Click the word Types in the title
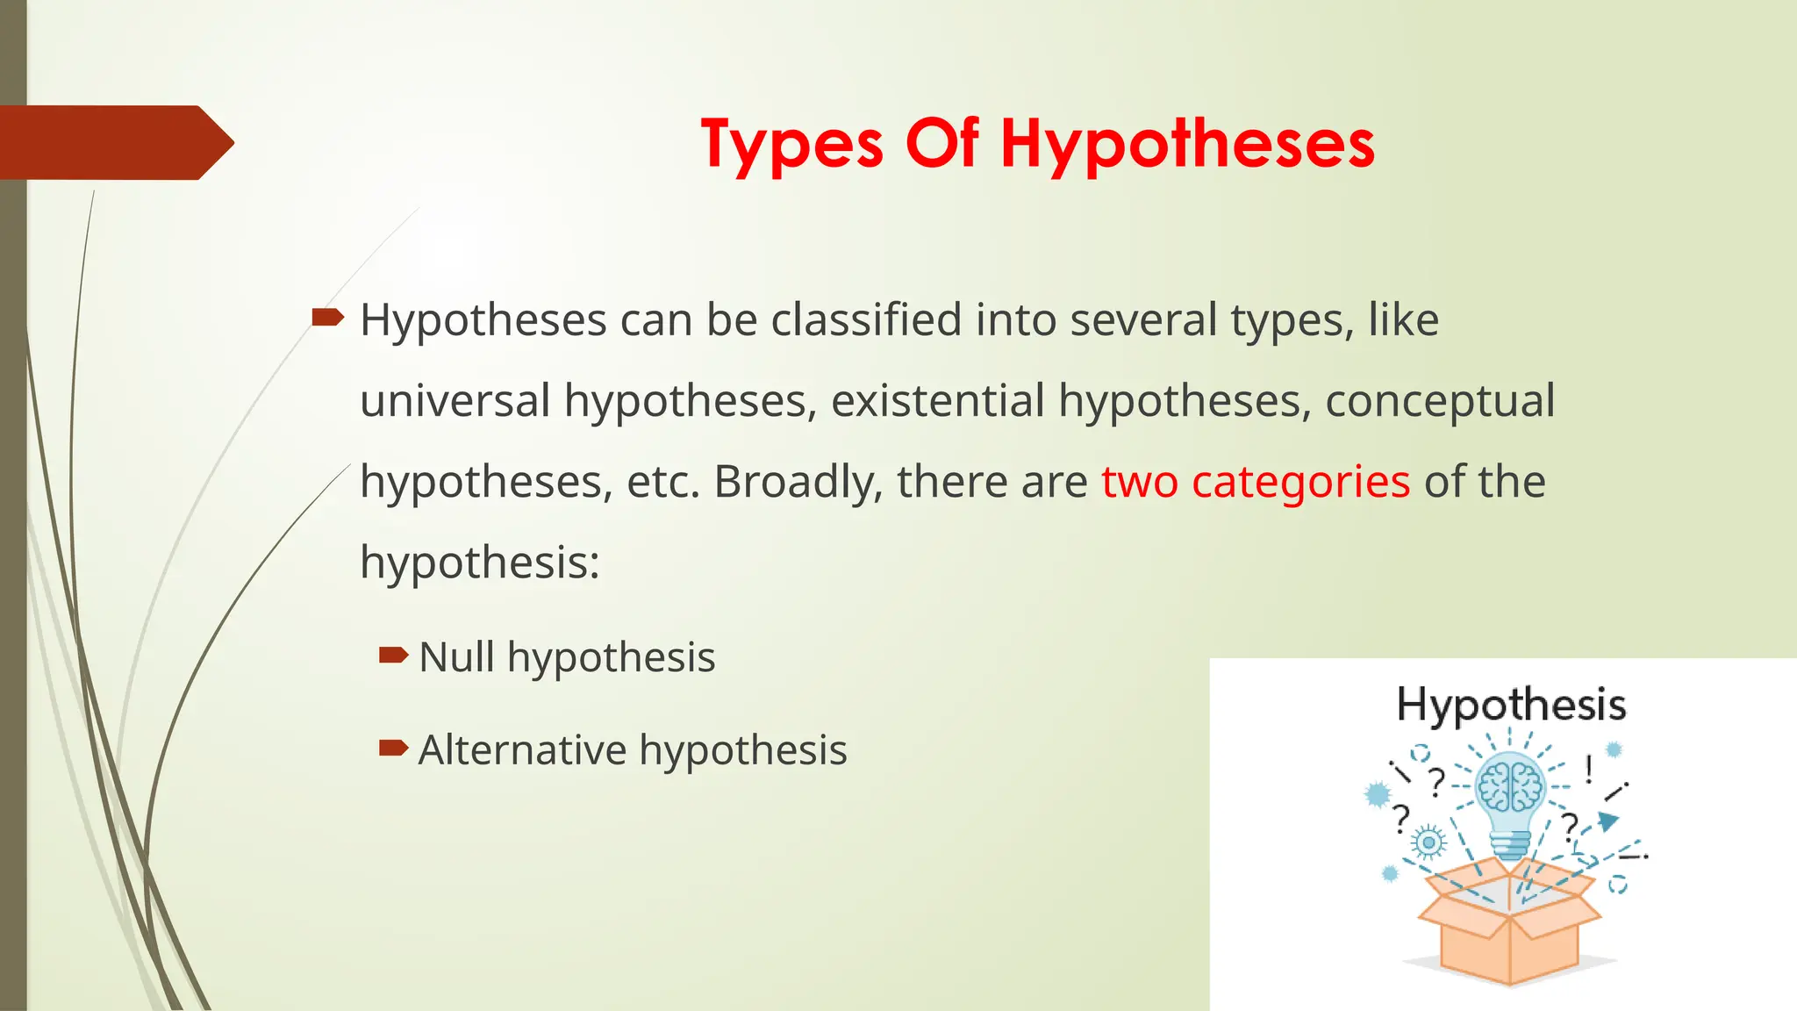(x=791, y=144)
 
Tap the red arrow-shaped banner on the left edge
(x=114, y=142)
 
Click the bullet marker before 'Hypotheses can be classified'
(x=327, y=317)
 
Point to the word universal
(x=455, y=401)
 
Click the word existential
(x=937, y=401)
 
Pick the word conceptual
(x=1439, y=401)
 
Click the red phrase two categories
(x=1256, y=482)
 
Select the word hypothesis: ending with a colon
(x=480, y=563)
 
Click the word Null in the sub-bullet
(x=456, y=657)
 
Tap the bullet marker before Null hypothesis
(x=393, y=655)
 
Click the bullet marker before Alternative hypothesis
(x=393, y=748)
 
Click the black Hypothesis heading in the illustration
(x=1511, y=705)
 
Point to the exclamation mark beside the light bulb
(x=1588, y=770)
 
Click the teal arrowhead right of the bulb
(x=1607, y=821)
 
